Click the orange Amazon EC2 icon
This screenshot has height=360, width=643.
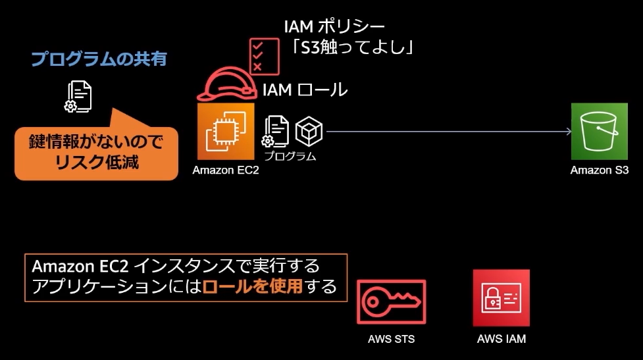coord(226,131)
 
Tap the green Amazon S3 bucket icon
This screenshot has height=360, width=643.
coord(595,131)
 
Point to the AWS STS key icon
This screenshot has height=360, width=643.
coord(391,303)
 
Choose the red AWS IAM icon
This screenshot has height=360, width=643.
coord(501,298)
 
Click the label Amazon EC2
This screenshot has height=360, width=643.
coord(226,170)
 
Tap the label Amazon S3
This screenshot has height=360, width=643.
coord(595,170)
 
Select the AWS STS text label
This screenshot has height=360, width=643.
coord(391,340)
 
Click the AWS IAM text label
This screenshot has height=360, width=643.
coord(501,340)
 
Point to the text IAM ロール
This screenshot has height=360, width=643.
coord(305,90)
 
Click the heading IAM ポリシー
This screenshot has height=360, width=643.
coord(334,27)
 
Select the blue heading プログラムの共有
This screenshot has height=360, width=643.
coord(99,59)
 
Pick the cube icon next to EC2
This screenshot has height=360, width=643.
coord(309,132)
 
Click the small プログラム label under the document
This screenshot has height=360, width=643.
coord(290,157)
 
